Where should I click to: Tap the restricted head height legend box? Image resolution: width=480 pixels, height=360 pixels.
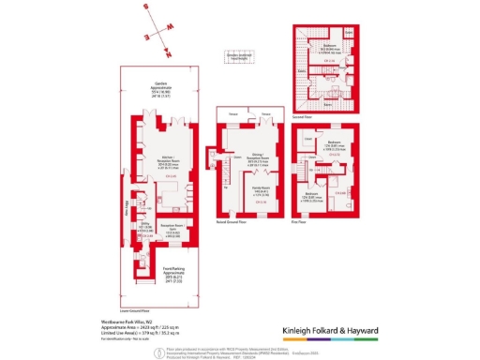click(x=239, y=55)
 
